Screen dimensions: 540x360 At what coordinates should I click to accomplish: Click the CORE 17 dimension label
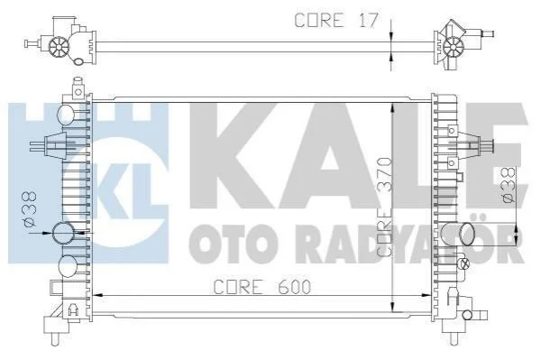(336, 20)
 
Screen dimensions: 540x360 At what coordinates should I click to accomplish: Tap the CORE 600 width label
(262, 287)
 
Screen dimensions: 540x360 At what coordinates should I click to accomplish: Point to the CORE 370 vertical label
(384, 207)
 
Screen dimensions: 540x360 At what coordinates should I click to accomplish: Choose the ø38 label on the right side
(508, 185)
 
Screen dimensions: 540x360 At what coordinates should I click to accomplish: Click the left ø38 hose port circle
(63, 234)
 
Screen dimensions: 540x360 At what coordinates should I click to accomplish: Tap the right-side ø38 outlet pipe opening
(467, 235)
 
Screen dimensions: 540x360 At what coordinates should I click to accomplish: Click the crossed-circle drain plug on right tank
(464, 263)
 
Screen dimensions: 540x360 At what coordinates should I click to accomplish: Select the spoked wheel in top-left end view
(59, 47)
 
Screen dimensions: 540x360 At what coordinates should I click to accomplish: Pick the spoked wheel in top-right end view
(453, 47)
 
